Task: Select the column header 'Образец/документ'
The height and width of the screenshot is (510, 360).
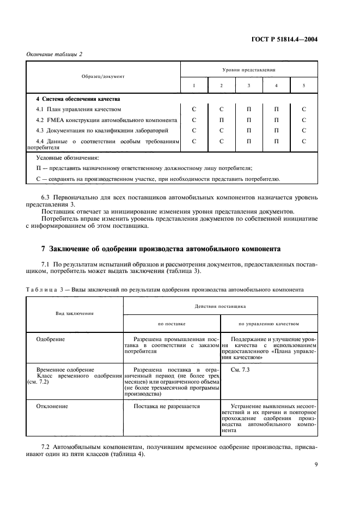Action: (103, 76)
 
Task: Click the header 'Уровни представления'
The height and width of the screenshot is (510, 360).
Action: (249, 70)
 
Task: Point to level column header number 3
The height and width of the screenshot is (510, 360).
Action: (249, 86)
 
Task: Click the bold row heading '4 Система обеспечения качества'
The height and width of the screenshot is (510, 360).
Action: (78, 99)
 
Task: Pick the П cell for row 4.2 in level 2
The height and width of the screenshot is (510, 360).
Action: (222, 120)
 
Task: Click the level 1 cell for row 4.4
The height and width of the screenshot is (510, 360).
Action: (194, 141)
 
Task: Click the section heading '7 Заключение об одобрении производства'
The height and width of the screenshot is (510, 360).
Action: (161, 249)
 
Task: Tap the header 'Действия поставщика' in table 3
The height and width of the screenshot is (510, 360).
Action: (221, 306)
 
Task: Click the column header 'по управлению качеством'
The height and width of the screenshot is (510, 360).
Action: (269, 324)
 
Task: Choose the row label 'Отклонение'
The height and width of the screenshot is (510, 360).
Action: (52, 406)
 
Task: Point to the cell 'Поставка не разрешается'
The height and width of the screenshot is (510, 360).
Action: (167, 406)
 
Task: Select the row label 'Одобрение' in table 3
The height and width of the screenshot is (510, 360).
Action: (51, 339)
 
